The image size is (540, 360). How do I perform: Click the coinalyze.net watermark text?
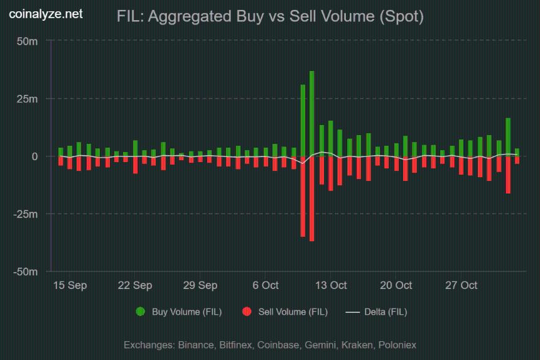[x=46, y=14]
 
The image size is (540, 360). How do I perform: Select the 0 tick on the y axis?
[x=35, y=156]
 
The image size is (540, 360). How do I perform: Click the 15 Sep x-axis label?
[x=70, y=285]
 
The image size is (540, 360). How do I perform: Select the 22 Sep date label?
[x=135, y=285]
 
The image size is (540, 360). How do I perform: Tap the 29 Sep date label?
[x=200, y=285]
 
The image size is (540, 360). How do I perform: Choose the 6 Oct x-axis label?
[x=266, y=285]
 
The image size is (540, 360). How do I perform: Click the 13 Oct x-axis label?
[x=331, y=285]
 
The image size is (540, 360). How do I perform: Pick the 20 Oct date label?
[x=396, y=285]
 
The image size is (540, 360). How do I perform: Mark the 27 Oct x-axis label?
[x=462, y=285]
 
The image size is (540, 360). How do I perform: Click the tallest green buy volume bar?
[x=311, y=113]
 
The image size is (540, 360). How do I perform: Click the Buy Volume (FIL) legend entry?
[x=179, y=312]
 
